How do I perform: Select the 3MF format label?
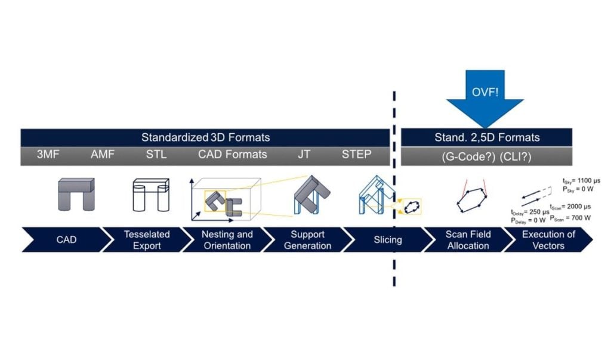[48, 155]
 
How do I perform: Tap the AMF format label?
[102, 155]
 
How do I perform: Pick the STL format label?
[156, 155]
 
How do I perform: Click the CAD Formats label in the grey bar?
[233, 155]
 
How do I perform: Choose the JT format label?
[304, 155]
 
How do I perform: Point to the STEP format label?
[356, 155]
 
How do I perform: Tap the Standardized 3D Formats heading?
[205, 137]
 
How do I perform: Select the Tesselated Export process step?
[147, 240]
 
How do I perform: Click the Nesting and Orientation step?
[227, 240]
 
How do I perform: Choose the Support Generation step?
[307, 240]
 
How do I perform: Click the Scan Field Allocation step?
[468, 240]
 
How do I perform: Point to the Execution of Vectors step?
[548, 240]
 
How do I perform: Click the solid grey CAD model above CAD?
[76, 193]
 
